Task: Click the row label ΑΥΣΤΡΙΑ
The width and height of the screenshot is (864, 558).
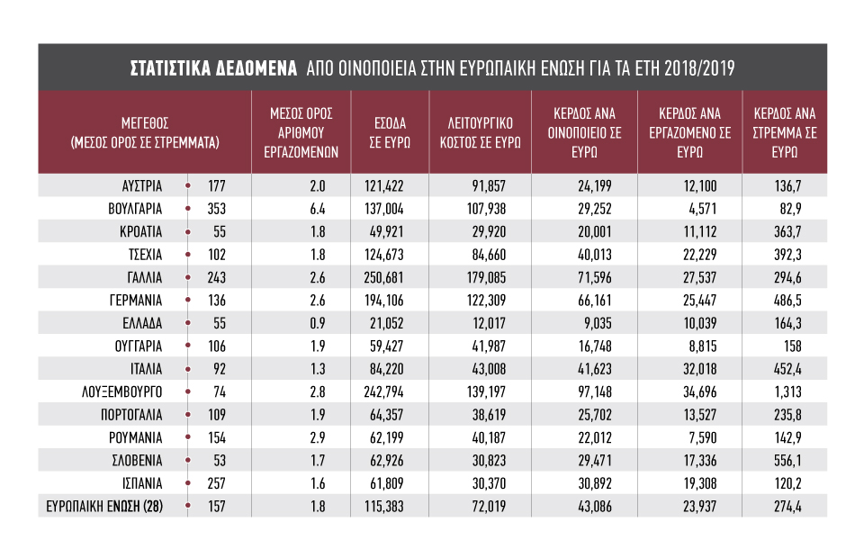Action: pyautogui.click(x=142, y=186)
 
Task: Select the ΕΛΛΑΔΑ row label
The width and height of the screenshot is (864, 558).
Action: pyautogui.click(x=142, y=323)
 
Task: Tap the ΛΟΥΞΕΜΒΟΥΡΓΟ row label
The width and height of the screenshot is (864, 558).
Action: pyautogui.click(x=121, y=392)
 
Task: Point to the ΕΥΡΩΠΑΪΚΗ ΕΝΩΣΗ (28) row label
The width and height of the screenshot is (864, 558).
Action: pyautogui.click(x=104, y=506)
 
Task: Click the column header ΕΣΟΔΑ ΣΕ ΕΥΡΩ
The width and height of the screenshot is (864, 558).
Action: pyautogui.click(x=390, y=133)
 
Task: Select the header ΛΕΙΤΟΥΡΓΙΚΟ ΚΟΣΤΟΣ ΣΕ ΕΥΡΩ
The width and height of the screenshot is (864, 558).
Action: pyautogui.click(x=480, y=133)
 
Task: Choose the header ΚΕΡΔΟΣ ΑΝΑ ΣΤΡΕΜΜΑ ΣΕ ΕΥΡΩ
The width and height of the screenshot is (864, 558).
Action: pyautogui.click(x=785, y=133)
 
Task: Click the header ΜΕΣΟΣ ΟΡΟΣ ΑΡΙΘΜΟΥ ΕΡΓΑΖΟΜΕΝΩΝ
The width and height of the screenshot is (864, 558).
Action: pyautogui.click(x=301, y=133)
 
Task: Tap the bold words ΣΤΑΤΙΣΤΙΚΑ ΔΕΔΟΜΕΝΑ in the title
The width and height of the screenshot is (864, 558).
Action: pyautogui.click(x=214, y=68)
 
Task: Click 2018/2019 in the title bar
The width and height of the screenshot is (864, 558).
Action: pyautogui.click(x=699, y=68)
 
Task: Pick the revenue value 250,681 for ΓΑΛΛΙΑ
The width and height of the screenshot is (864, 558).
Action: pyautogui.click(x=383, y=277)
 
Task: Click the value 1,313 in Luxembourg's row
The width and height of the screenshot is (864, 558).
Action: pyautogui.click(x=788, y=392)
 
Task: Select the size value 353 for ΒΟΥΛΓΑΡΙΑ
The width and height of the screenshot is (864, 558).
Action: pyautogui.click(x=217, y=210)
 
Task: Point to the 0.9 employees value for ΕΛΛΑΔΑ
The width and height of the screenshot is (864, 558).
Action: pyautogui.click(x=318, y=323)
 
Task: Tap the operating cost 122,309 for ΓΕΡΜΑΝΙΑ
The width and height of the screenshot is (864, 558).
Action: pyautogui.click(x=486, y=301)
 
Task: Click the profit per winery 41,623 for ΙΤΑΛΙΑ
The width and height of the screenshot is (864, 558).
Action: pyautogui.click(x=595, y=369)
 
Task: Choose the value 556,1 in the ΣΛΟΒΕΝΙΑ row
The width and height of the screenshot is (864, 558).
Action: pyautogui.click(x=787, y=461)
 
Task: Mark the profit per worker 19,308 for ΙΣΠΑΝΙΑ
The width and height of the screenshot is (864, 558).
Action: pyautogui.click(x=700, y=483)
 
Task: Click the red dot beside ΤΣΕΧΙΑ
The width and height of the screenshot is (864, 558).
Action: pyautogui.click(x=188, y=255)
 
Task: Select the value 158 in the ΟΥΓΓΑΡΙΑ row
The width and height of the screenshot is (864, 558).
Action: pyautogui.click(x=792, y=346)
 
